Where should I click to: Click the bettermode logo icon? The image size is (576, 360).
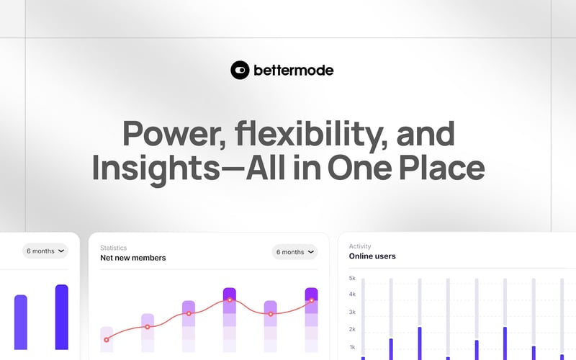click(240, 70)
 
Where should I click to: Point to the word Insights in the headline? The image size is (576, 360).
click(148, 168)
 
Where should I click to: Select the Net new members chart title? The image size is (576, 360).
click(132, 258)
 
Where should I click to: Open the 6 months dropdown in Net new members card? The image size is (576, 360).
click(295, 252)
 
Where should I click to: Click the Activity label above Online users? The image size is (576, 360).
click(360, 246)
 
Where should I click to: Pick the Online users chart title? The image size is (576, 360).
click(372, 256)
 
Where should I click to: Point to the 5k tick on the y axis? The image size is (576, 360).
click(352, 278)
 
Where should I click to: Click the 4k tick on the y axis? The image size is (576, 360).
click(352, 294)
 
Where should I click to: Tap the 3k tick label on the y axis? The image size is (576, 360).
click(352, 312)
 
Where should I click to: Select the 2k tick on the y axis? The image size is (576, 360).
click(352, 329)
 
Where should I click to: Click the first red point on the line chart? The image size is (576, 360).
click(107, 339)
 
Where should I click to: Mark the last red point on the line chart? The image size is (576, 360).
click(312, 300)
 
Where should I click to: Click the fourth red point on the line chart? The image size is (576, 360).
click(230, 300)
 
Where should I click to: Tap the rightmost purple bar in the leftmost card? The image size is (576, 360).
click(61, 317)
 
